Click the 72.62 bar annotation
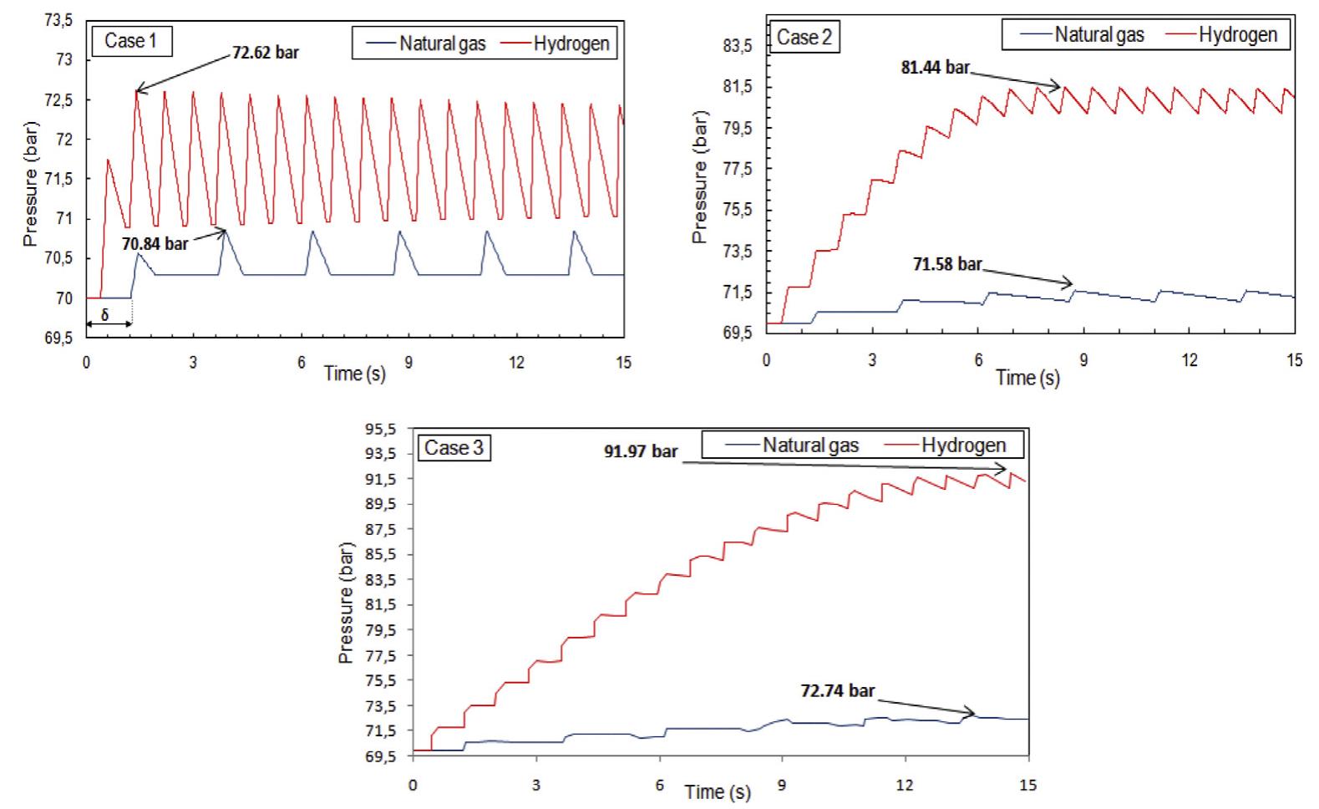click(x=265, y=53)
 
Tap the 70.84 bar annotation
click(x=155, y=244)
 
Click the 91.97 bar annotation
click(x=641, y=451)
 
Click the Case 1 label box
click(x=130, y=40)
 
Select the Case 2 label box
click(x=803, y=38)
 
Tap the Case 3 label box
click(x=454, y=448)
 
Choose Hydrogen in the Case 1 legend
click(x=571, y=43)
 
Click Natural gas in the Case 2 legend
click(x=1098, y=34)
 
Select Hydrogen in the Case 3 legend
click(x=963, y=445)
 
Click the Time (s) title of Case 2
click(x=1027, y=377)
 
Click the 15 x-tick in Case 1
click(x=623, y=362)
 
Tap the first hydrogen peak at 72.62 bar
click(x=137, y=91)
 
